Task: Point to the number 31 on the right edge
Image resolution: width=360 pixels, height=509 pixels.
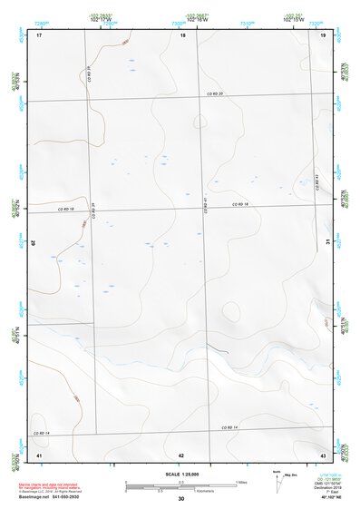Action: click(x=327, y=240)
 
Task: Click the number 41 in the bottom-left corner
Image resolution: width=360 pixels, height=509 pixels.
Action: click(x=39, y=454)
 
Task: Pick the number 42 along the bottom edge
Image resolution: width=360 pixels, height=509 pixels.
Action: click(x=181, y=454)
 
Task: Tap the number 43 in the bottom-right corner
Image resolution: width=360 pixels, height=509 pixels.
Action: click(x=323, y=454)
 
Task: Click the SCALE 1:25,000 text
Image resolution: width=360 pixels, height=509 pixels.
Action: click(x=180, y=473)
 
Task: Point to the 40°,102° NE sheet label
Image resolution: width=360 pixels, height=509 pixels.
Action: click(x=325, y=497)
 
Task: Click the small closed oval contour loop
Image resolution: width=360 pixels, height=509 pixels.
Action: click(x=232, y=311)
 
